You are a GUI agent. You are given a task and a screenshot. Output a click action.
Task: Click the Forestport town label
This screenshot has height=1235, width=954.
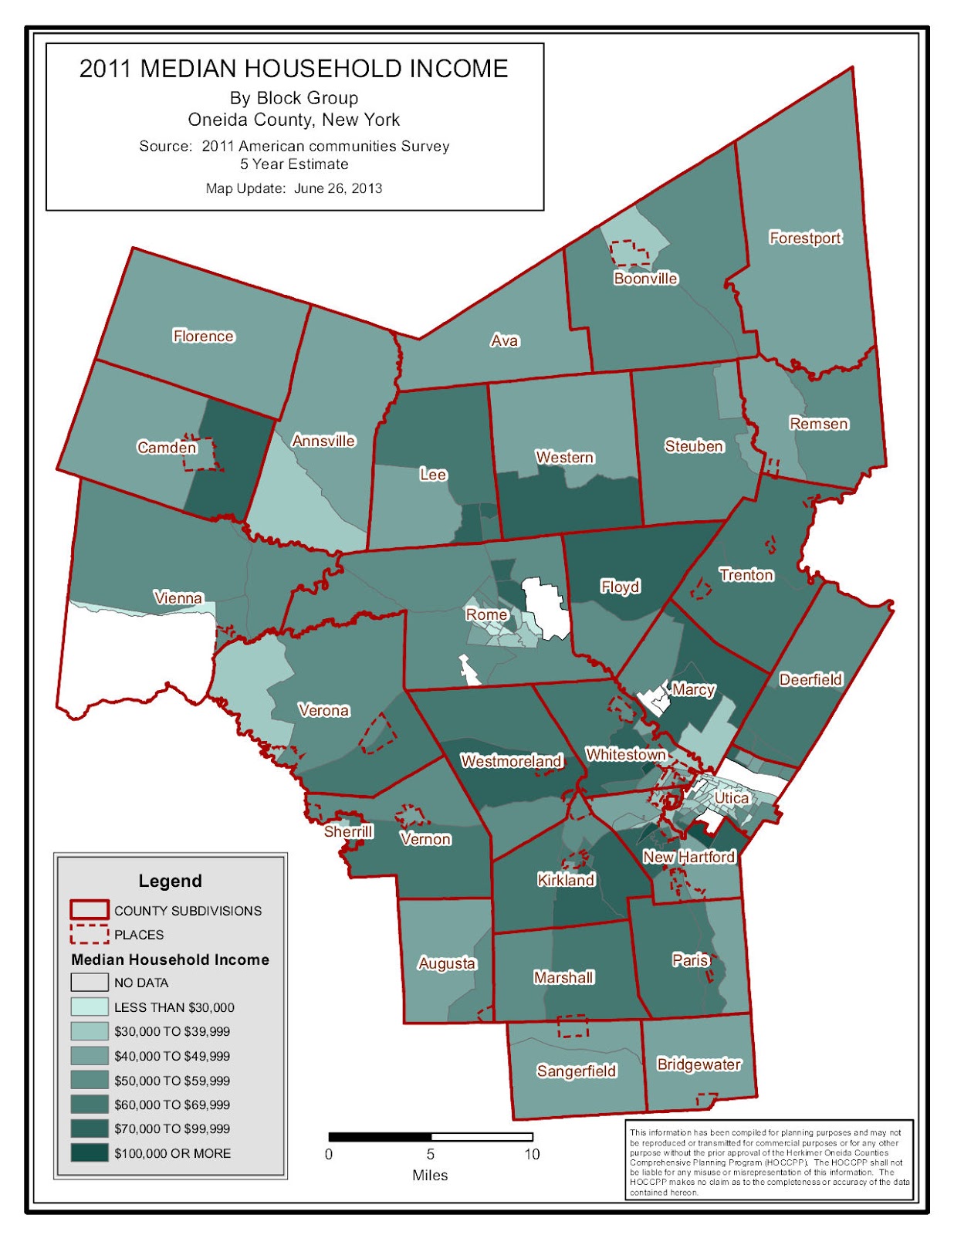pos(805,238)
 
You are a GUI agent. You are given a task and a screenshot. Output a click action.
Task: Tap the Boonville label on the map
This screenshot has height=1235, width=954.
pos(645,279)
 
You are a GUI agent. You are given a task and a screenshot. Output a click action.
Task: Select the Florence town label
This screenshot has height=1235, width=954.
pos(203,336)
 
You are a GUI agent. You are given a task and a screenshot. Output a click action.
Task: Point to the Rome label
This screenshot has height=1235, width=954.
pos(486,614)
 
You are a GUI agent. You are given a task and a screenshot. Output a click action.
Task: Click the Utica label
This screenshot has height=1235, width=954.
pos(730,797)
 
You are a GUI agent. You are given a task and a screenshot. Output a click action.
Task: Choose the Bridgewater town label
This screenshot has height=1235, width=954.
pos(699,1064)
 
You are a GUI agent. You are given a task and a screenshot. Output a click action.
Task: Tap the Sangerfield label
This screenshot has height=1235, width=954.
pos(577,1071)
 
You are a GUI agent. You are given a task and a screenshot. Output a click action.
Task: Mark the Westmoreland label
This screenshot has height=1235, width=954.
pos(511,761)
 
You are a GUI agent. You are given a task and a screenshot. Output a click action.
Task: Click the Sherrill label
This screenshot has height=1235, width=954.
pos(348,831)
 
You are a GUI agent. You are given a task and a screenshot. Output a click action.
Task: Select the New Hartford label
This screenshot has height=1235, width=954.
pos(688,857)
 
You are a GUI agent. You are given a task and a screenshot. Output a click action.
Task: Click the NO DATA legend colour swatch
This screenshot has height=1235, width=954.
pos(90,983)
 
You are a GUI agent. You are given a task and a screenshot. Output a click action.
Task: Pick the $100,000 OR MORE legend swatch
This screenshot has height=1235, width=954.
pos(90,1153)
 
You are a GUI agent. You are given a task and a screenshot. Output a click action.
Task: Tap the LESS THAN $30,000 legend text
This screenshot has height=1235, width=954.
pos(174,1007)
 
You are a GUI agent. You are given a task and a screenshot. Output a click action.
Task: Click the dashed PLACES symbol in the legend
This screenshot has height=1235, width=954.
pos(90,935)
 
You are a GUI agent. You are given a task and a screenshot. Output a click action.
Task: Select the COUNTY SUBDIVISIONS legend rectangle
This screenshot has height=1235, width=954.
pos(90,910)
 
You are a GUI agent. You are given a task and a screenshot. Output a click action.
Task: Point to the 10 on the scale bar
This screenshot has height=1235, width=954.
pos(532,1155)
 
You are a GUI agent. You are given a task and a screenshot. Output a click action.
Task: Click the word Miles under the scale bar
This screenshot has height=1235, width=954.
pos(430,1176)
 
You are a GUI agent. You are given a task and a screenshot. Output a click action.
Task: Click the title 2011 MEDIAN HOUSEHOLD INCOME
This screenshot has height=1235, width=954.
pos(293,69)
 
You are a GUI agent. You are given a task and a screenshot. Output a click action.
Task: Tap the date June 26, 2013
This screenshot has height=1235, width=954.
pos(337,188)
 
